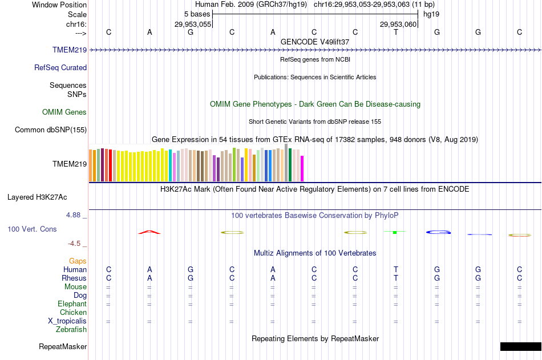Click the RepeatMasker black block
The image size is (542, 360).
520,346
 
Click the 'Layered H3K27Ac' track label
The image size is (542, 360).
37,197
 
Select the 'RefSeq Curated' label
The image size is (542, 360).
60,67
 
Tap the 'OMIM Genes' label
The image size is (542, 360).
64,112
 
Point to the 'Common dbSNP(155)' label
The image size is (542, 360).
51,130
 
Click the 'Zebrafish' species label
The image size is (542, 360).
71,329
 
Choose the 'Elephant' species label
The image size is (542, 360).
72,304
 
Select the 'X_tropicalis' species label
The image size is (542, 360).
67,321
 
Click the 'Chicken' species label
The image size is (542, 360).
73,312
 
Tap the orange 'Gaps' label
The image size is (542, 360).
78,261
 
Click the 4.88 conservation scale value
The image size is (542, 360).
74,215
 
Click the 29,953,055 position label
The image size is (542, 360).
193,24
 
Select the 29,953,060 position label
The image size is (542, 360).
398,24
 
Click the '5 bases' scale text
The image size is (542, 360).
197,14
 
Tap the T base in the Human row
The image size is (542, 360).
396,269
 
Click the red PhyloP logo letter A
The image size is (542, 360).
149,232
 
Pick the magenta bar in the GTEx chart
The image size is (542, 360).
302,168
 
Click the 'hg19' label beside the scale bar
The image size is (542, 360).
431,14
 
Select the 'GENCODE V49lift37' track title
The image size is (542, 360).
315,42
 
